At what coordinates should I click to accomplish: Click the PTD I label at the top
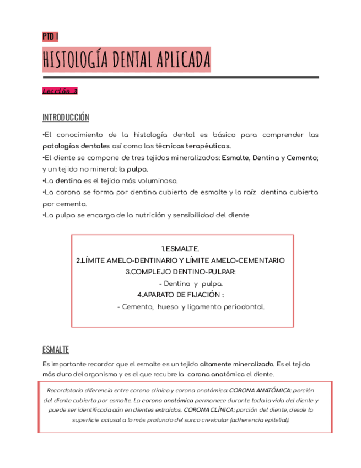point(50,36)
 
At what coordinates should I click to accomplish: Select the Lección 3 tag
point(61,92)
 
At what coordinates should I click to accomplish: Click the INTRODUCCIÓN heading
point(66,118)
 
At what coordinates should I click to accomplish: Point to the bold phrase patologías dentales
point(69,146)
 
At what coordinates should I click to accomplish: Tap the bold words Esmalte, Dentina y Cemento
point(268,158)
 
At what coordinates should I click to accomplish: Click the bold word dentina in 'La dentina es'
point(68,181)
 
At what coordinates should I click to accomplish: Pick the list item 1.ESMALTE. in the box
point(180,249)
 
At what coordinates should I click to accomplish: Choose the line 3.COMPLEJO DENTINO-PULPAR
point(180,272)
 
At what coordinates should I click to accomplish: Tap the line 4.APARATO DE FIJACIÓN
point(180,295)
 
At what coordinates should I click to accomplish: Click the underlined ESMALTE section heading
point(56,350)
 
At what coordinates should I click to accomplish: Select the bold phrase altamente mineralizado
point(237,364)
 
